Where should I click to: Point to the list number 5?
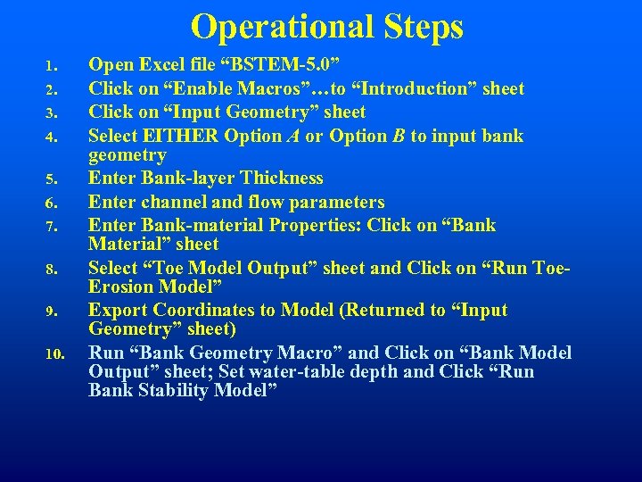[52, 179]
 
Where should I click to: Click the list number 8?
[52, 269]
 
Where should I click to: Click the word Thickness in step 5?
[281, 179]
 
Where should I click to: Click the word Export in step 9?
[118, 311]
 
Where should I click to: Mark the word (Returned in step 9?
[396, 311]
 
